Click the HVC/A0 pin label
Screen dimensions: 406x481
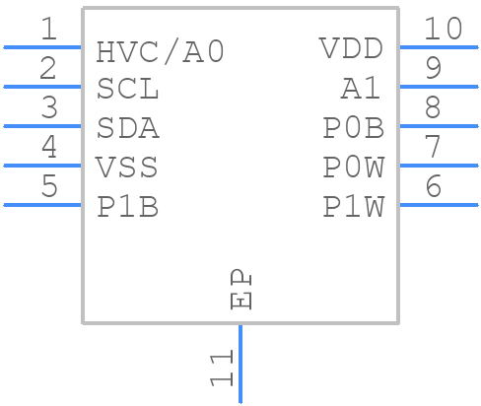160,51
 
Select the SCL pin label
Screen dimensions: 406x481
127,90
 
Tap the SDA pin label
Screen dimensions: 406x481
127,129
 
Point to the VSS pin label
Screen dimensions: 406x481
126,168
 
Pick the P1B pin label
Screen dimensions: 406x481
127,207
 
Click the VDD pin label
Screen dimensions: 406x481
351,49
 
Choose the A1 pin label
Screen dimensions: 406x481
361,89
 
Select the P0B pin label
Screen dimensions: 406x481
353,128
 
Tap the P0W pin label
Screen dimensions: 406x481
353,168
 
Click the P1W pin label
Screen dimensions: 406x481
353,207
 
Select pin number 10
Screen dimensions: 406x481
443,29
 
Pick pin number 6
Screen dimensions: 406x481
433,186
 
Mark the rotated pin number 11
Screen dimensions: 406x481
221,368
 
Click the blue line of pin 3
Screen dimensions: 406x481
42,126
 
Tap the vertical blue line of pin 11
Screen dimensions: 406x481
240,365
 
